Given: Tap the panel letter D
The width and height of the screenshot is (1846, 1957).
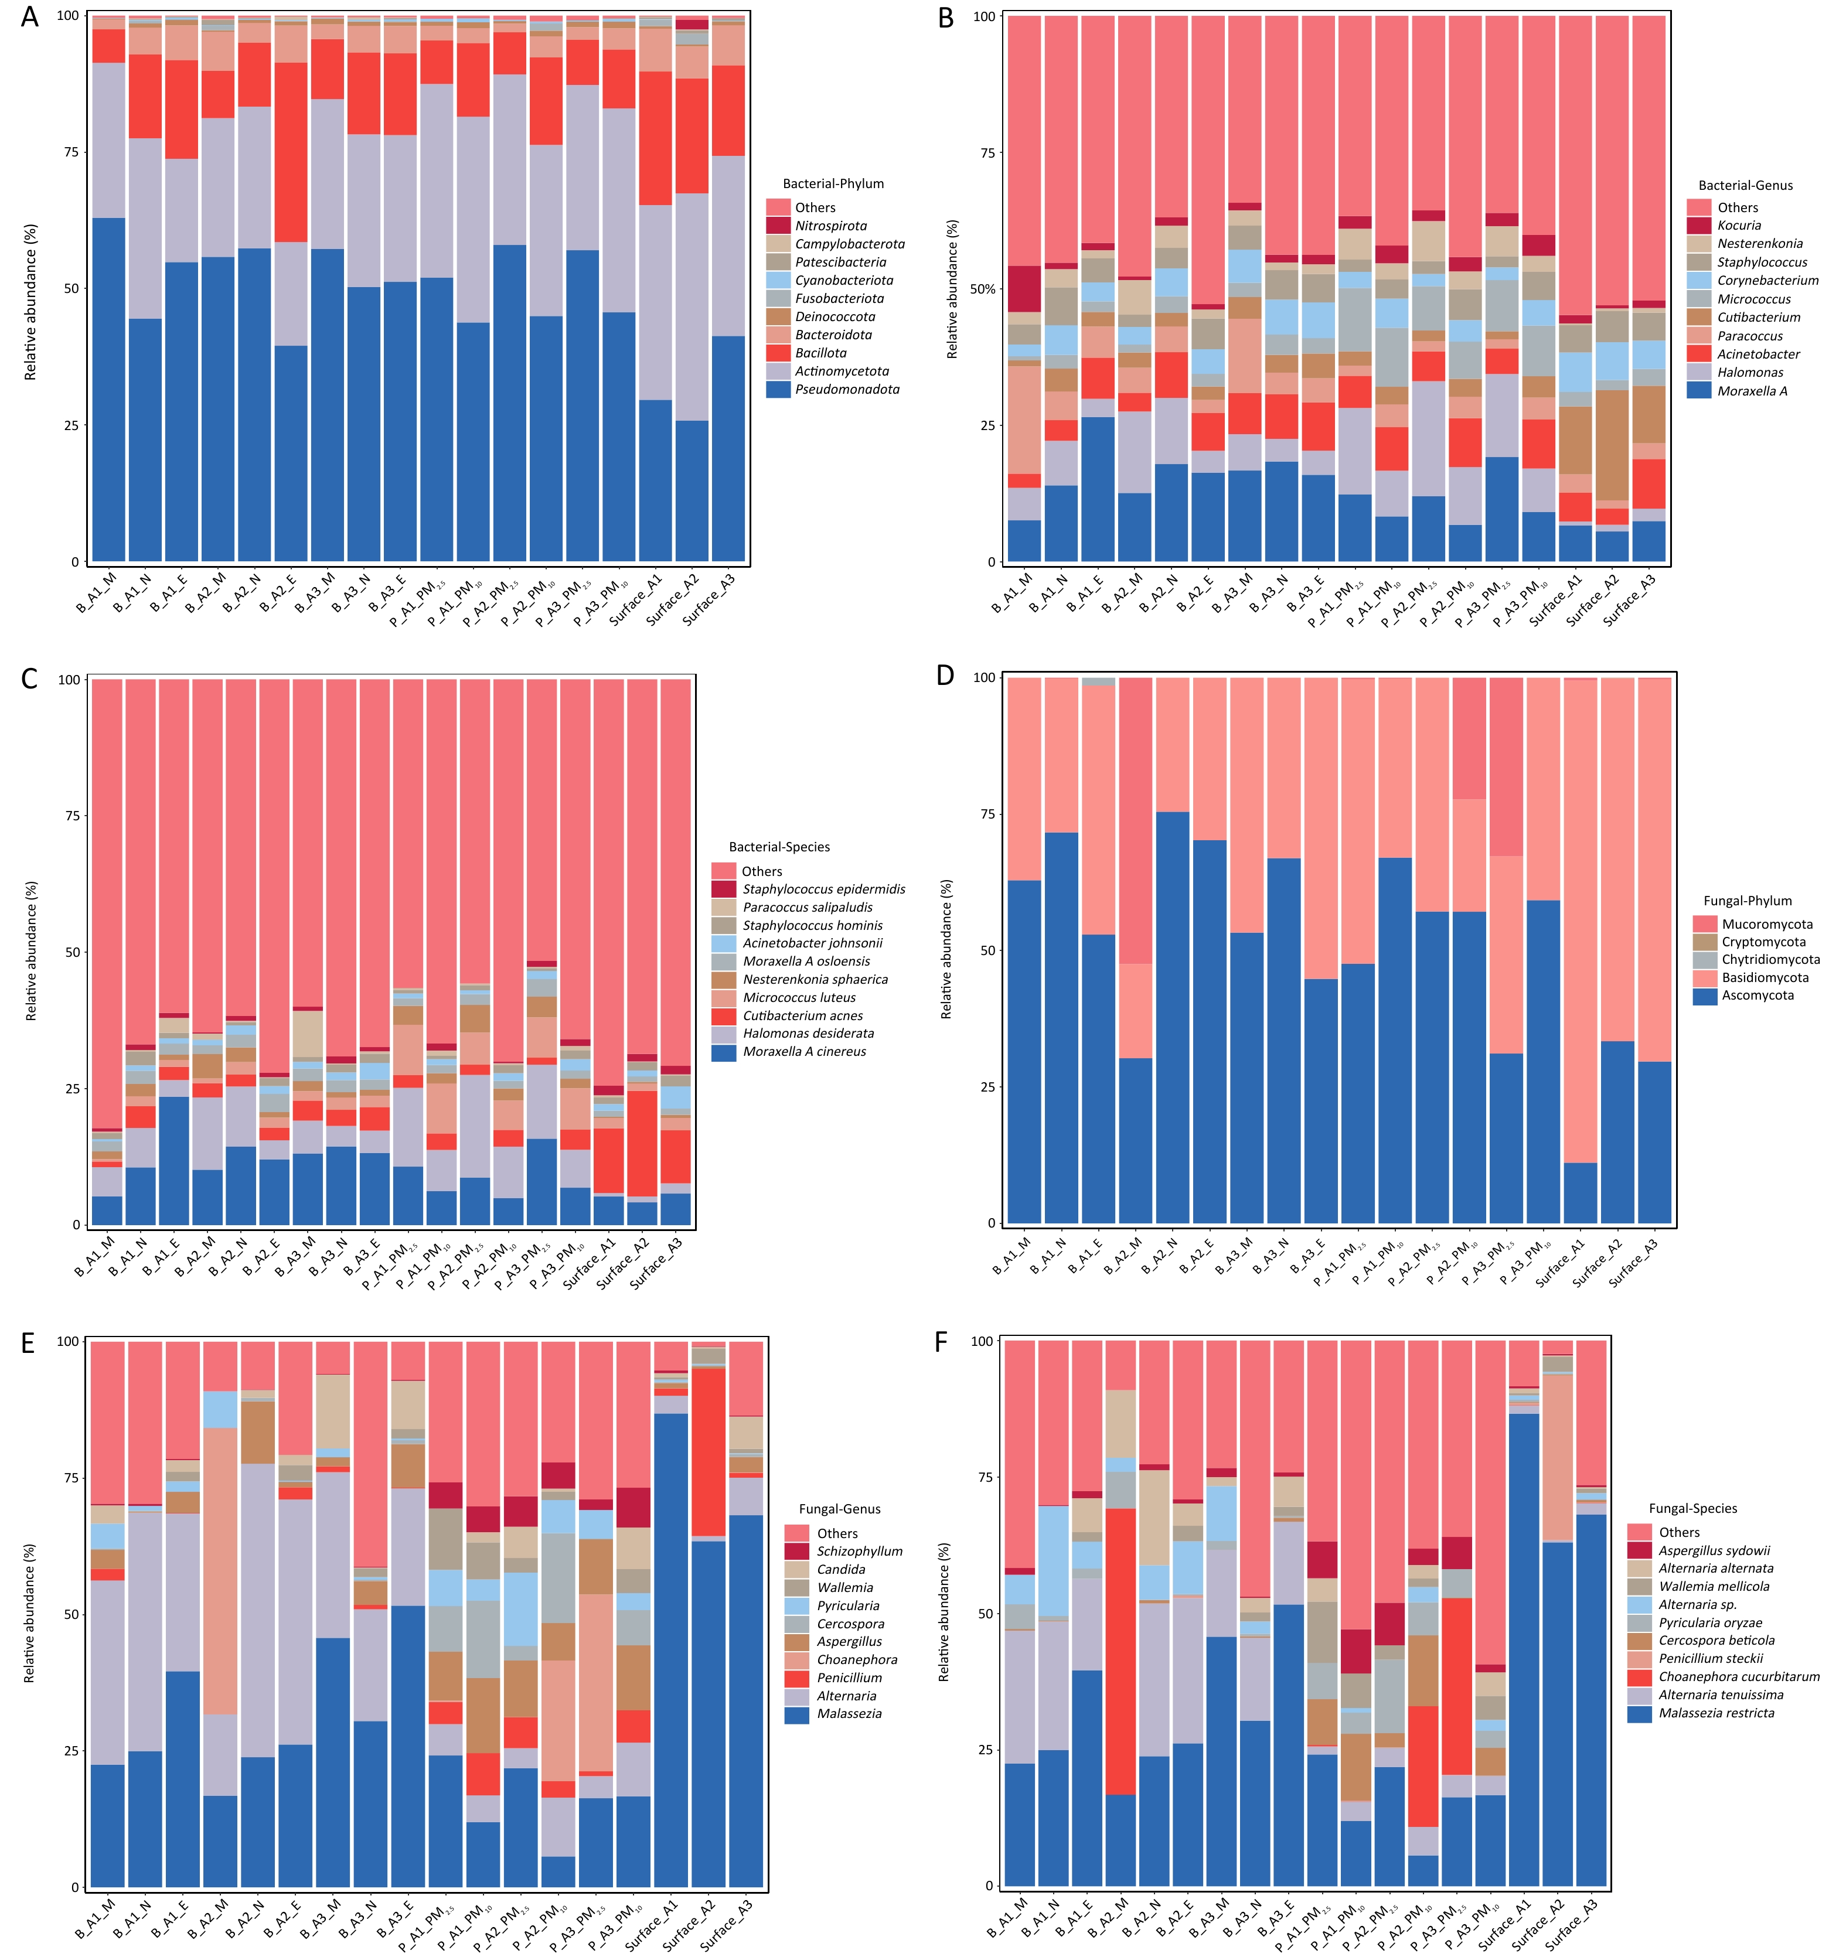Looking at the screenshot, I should point(945,676).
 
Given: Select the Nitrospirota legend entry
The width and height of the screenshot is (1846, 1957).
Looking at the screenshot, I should point(830,226).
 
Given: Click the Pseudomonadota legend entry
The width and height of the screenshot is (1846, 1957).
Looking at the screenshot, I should point(847,389).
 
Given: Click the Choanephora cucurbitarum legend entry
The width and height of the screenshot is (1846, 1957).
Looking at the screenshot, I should point(1739,1676).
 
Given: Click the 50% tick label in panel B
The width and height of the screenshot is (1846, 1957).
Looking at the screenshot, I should point(983,289).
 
